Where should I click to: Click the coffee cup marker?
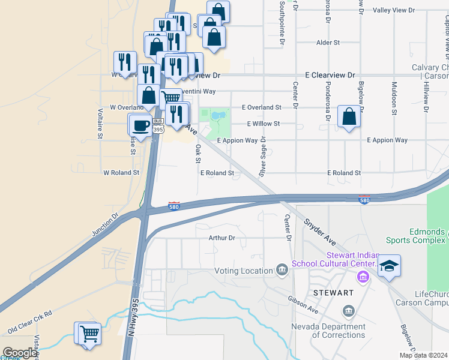(x=141, y=126)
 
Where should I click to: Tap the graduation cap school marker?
(x=389, y=266)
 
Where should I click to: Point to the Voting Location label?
(x=244, y=271)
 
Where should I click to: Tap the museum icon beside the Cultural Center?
(x=363, y=277)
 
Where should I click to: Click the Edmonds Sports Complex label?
(x=418, y=236)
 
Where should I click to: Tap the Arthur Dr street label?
(x=223, y=238)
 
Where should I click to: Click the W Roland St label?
(x=121, y=172)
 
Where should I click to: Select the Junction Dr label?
(x=106, y=223)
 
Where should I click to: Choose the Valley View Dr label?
(x=394, y=11)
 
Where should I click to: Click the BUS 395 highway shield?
(x=158, y=125)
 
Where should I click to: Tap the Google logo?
(x=20, y=353)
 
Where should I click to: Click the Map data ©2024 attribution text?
(x=423, y=355)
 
